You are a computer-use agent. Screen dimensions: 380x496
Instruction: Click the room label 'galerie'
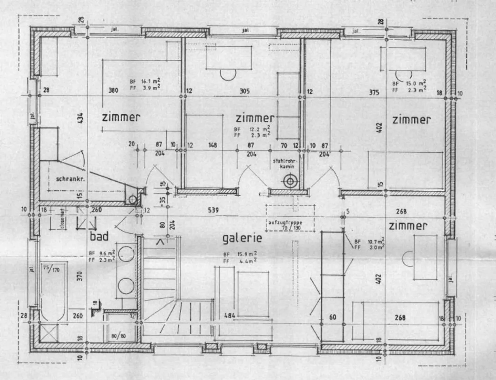pyautogui.click(x=242, y=238)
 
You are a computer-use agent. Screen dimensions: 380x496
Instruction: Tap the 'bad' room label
pyautogui.click(x=99, y=236)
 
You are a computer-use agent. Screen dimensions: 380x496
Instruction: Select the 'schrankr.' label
pyautogui.click(x=70, y=179)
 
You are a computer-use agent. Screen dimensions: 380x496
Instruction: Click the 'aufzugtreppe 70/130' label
pyautogui.click(x=285, y=225)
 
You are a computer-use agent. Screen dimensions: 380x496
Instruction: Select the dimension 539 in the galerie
pyautogui.click(x=214, y=210)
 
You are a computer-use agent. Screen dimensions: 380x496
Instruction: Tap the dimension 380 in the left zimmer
pyautogui.click(x=113, y=90)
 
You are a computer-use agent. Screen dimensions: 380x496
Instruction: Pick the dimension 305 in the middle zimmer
pyautogui.click(x=245, y=91)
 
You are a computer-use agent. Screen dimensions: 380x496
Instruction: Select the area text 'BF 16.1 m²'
pyautogui.click(x=145, y=82)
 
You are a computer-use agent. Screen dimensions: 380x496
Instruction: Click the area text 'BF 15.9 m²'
pyautogui.click(x=240, y=254)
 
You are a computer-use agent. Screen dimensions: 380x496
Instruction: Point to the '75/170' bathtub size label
pyautogui.click(x=51, y=269)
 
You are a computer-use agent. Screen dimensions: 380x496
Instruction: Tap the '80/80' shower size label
pyautogui.click(x=119, y=336)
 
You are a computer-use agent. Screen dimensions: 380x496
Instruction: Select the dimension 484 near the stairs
pyautogui.click(x=229, y=315)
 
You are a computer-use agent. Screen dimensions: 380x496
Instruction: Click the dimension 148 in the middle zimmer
pyautogui.click(x=213, y=145)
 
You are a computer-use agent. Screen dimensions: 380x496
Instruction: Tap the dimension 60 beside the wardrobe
pyautogui.click(x=332, y=317)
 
